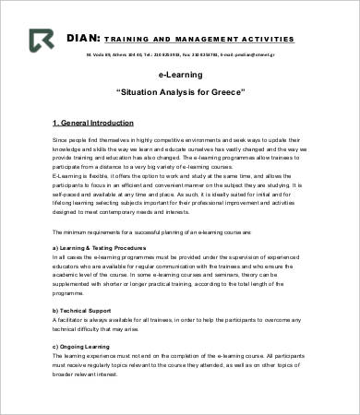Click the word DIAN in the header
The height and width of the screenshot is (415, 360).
tap(82, 39)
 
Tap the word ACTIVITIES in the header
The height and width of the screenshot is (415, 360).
tap(268, 40)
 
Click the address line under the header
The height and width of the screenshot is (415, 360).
tap(181, 54)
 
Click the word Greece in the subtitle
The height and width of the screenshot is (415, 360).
tap(225, 94)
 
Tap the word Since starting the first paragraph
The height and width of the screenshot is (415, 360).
tap(59, 137)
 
